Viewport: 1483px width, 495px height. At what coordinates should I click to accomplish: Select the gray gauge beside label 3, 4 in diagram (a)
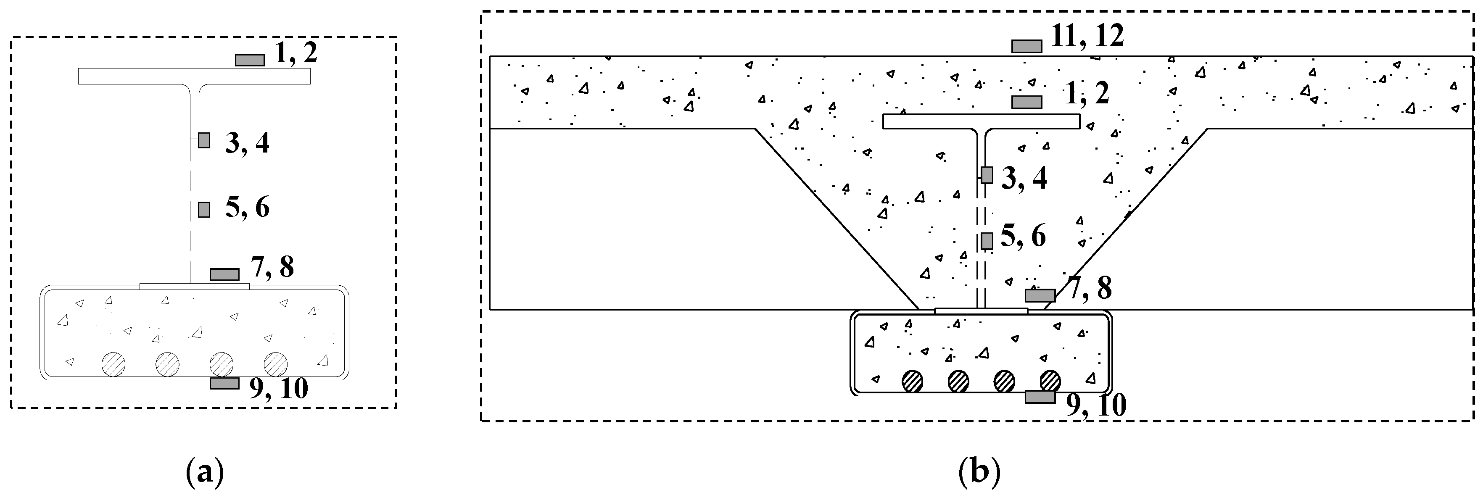pos(204,140)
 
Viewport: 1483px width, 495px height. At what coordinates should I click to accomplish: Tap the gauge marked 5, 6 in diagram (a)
pos(204,210)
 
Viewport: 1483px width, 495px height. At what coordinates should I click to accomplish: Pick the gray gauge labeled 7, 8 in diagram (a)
pos(224,274)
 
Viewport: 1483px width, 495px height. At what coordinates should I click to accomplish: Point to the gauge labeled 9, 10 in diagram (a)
pos(224,383)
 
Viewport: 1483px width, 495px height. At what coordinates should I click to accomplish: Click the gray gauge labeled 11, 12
pos(1026,46)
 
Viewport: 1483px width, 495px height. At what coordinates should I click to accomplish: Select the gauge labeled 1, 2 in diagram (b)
pos(1026,102)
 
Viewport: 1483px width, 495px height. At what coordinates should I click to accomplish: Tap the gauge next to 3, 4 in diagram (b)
pos(987,175)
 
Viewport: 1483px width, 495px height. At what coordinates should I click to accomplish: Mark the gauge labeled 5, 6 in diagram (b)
pos(987,241)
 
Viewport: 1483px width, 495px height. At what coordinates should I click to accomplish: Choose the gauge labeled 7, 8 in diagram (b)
pos(1040,296)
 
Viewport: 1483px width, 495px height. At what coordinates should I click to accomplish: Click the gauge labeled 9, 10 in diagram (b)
pos(1040,397)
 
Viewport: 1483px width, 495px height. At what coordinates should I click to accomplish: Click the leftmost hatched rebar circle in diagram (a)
pos(113,364)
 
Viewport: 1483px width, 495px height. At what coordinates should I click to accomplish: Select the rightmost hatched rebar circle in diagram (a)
pos(276,364)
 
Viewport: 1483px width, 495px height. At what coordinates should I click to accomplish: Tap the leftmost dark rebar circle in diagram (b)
pos(913,381)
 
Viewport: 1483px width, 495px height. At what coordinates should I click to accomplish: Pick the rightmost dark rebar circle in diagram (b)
pos(1050,381)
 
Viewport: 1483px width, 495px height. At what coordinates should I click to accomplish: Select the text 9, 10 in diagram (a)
pos(279,390)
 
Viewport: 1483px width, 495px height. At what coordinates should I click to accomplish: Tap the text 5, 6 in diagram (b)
pos(1023,236)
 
